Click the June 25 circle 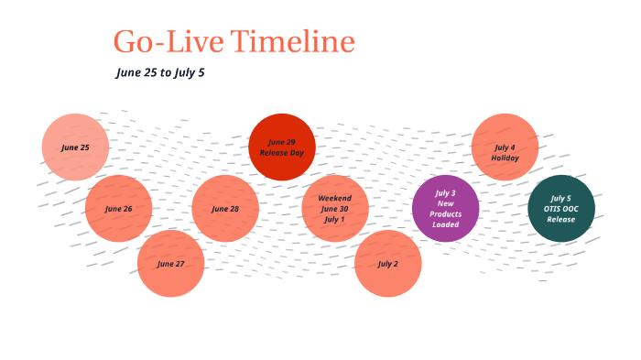[x=75, y=147]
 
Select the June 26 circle [x=118, y=209]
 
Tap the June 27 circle [x=170, y=264]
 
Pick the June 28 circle [x=225, y=209]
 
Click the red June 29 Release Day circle [x=282, y=147]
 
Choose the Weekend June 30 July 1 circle [x=335, y=209]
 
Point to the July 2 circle [x=387, y=264]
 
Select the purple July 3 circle [x=445, y=209]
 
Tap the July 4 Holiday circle [x=505, y=147]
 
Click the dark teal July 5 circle [x=561, y=209]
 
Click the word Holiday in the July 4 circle [x=505, y=158]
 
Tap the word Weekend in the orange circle [x=335, y=198]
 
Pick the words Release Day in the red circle [x=282, y=152]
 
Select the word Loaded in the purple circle [x=445, y=224]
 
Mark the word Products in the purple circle [x=445, y=214]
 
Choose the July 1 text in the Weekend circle [x=335, y=220]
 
